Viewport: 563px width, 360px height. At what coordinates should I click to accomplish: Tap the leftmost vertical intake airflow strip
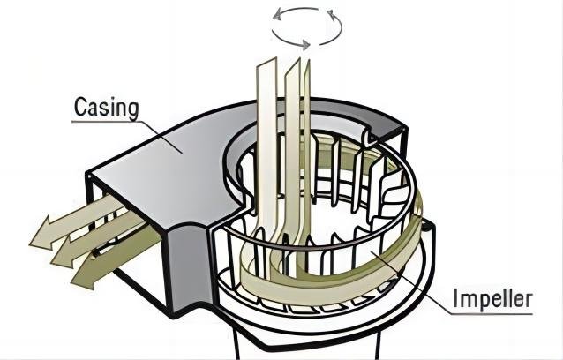click(266, 132)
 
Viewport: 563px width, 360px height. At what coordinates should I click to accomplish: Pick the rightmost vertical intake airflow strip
click(304, 132)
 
